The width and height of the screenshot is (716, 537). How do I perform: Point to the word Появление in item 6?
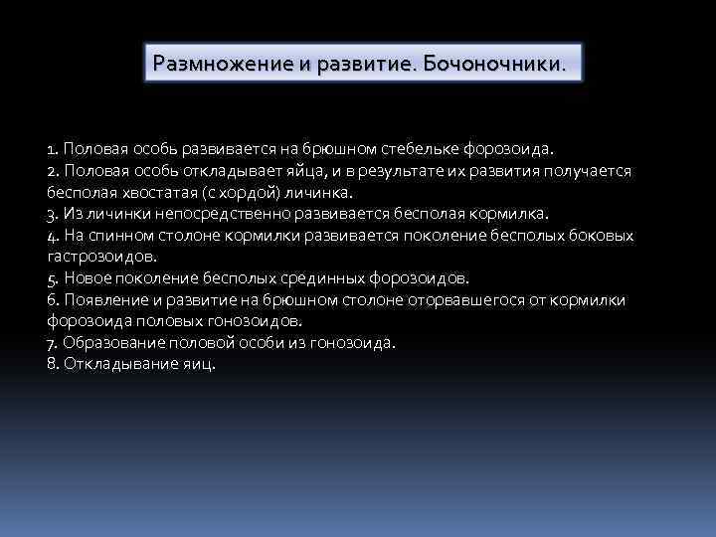[103, 300]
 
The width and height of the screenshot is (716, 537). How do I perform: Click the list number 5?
[52, 278]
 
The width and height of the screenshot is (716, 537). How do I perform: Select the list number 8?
[52, 364]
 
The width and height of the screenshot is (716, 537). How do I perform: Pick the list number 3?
[52, 214]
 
